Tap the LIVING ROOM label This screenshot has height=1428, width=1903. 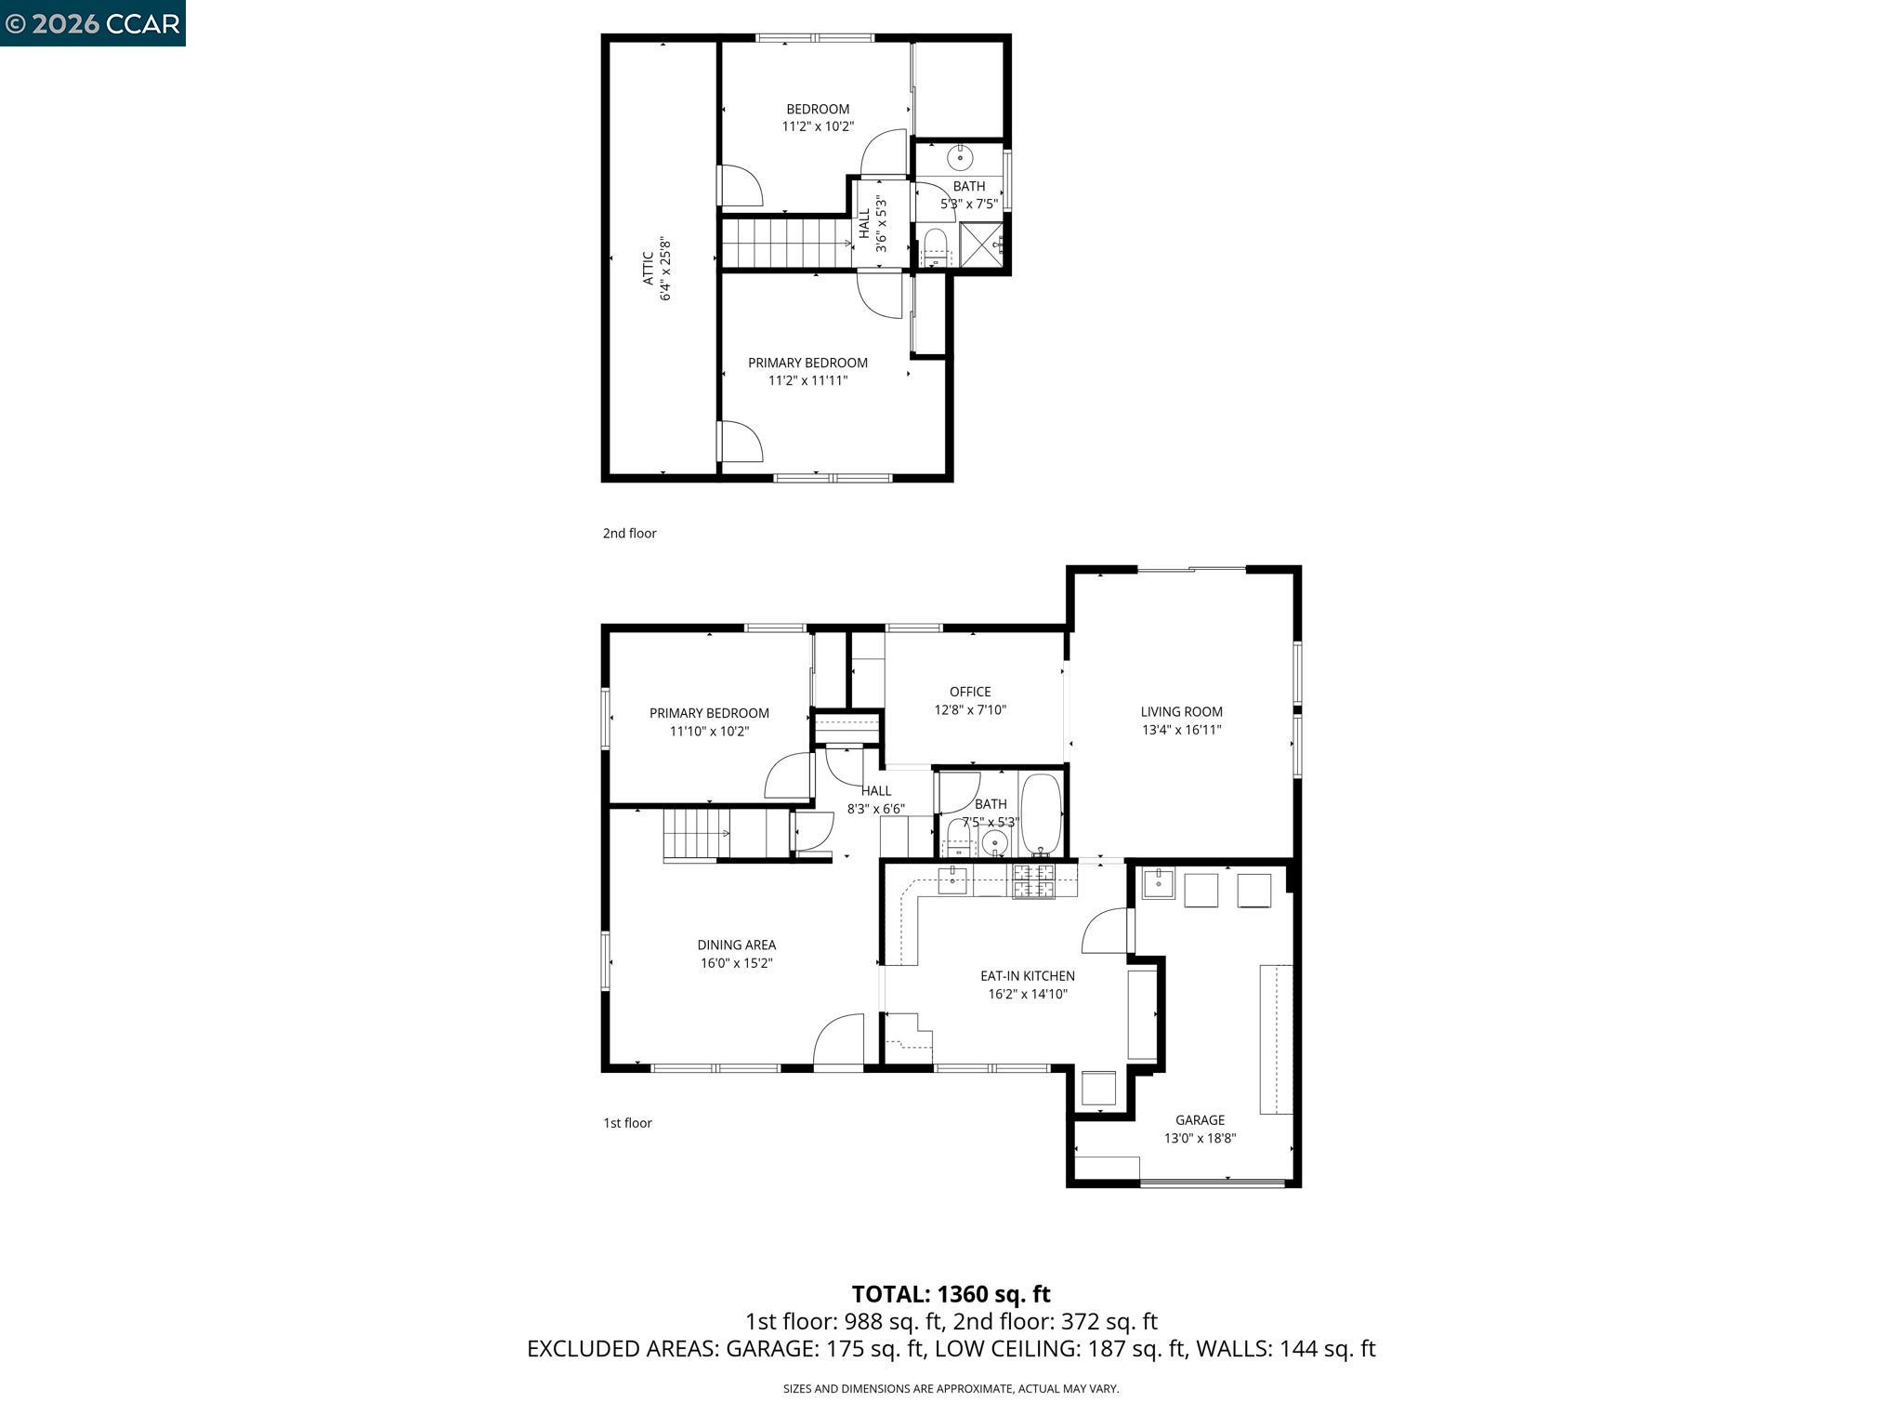point(1181,712)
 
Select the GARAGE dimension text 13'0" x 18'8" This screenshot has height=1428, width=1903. point(1200,1138)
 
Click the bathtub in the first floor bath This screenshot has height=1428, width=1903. point(1041,813)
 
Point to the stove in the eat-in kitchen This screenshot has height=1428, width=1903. point(1033,880)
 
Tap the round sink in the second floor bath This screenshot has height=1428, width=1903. point(960,159)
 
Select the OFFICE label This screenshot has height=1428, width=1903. point(970,692)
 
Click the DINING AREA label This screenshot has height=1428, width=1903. point(736,945)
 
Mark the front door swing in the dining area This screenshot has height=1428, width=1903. point(839,1039)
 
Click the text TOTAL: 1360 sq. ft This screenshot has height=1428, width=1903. point(951,1293)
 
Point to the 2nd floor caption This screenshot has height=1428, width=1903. point(629,533)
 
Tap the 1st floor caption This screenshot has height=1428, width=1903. point(627,1122)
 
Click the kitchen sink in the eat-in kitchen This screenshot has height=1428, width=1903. point(952,879)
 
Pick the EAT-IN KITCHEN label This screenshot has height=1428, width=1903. point(1027,975)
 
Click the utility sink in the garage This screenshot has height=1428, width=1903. point(1158,882)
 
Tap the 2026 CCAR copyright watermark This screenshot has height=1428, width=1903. point(92,23)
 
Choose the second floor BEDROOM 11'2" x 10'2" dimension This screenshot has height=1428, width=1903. point(818,126)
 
